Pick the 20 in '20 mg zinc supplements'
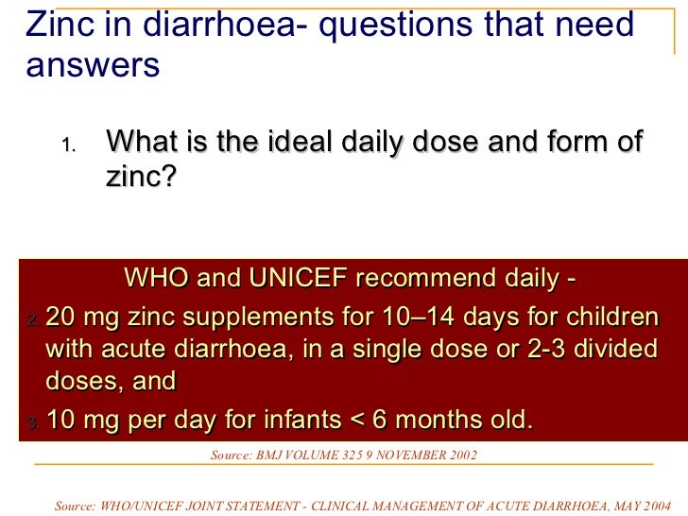point(62,315)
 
